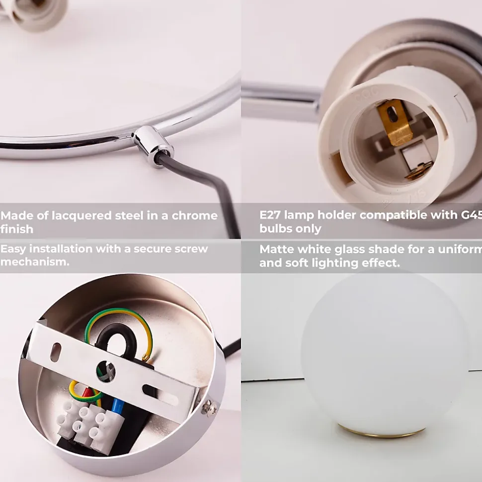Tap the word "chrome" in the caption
coord(194,215)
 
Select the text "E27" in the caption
coord(270,215)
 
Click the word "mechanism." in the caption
coord(35,262)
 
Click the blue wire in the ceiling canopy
coord(118,405)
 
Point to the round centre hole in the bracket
coord(105,371)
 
